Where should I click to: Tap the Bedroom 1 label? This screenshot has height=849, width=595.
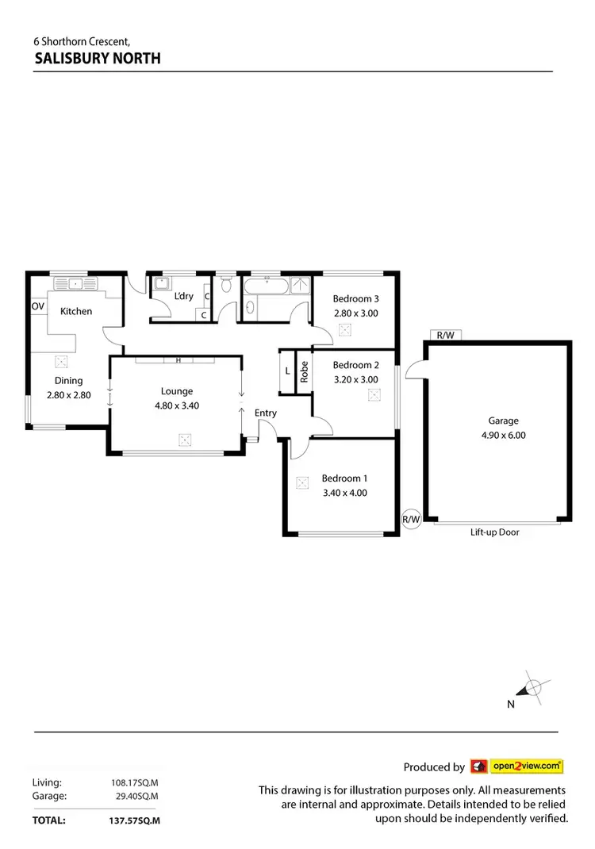344,478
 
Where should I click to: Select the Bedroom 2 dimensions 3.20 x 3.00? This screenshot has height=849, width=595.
355,379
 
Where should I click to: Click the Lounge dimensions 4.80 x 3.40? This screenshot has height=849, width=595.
177,405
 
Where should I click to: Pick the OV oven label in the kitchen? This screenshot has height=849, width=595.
37,306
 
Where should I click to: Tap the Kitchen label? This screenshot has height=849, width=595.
76,311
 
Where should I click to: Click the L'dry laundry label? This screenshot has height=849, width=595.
183,297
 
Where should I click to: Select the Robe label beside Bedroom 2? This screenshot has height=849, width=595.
304,372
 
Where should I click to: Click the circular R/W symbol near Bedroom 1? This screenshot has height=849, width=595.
411,520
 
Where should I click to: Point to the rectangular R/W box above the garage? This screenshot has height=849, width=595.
445,335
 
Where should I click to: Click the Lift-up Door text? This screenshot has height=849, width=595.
494,532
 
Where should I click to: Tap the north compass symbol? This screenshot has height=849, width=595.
533,688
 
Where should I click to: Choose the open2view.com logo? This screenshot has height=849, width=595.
517,766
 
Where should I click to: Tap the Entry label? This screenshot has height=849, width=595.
266,413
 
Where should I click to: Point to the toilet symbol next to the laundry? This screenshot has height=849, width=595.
227,284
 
